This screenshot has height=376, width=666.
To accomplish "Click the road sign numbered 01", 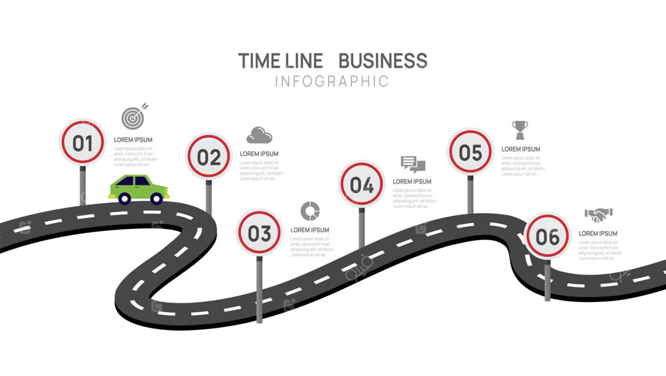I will click(x=83, y=142).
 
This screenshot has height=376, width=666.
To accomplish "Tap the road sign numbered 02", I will click(x=209, y=157).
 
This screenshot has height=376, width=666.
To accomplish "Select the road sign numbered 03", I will click(x=259, y=232).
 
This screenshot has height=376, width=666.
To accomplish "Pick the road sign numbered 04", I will click(x=362, y=185).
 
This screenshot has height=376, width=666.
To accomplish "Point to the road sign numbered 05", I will click(x=470, y=152).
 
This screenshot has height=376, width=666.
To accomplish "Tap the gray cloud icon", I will click(x=259, y=135).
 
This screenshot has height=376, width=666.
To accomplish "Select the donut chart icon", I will click(x=310, y=211).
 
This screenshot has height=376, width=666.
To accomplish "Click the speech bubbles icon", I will click(x=412, y=165).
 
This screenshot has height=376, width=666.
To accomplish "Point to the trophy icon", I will click(x=520, y=129).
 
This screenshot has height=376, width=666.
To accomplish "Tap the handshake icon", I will click(x=599, y=214).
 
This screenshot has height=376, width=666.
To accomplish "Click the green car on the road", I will click(x=139, y=189).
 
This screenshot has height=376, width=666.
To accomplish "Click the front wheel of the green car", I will click(x=156, y=198).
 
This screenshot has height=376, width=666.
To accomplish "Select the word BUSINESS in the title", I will click(x=382, y=61).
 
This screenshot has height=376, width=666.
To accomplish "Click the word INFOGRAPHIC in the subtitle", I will click(x=332, y=81).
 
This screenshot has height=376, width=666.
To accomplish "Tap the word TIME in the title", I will click(x=259, y=61).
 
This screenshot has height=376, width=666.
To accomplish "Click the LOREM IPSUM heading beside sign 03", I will click(x=310, y=230).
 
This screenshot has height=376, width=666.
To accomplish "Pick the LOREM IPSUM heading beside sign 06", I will click(x=598, y=234).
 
